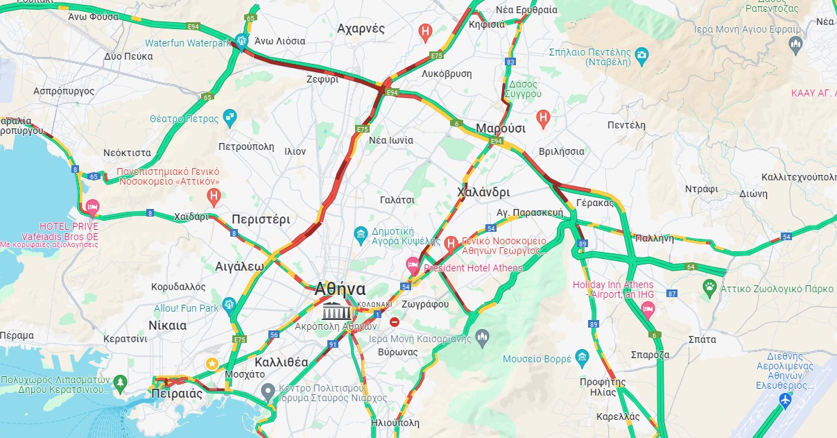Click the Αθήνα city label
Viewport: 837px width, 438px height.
(x=340, y=288)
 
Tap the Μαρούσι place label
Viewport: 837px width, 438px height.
(x=500, y=128)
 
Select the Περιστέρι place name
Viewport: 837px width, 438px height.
(x=261, y=219)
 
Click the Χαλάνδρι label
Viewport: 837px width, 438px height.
(x=483, y=192)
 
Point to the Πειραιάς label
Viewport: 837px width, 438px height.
(x=176, y=394)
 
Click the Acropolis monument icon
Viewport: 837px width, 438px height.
(x=336, y=310)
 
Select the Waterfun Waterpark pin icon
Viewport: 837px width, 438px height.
(x=241, y=41)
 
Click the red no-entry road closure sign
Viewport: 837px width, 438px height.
(x=395, y=321)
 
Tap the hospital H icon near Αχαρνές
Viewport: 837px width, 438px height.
(x=426, y=31)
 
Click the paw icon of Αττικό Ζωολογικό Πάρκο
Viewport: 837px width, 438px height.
(x=709, y=286)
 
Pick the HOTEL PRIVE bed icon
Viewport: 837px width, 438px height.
(x=92, y=208)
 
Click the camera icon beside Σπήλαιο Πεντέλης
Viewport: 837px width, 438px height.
(x=642, y=54)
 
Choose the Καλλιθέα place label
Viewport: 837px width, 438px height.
(x=281, y=362)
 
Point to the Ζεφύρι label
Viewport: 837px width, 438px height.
(x=322, y=79)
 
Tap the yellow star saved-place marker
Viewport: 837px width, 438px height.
(x=213, y=364)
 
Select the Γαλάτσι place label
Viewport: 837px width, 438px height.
(x=397, y=200)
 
